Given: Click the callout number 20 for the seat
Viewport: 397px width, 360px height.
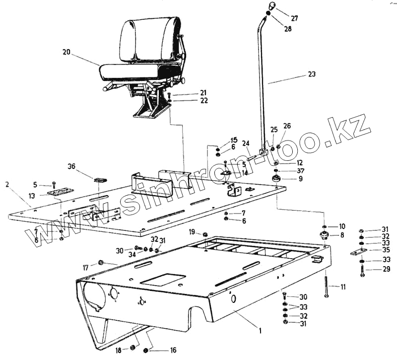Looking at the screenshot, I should pyautogui.click(x=67, y=52).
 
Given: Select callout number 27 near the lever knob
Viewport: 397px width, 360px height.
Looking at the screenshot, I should pyautogui.click(x=295, y=18).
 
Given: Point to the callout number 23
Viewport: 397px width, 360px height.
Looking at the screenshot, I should pyautogui.click(x=311, y=74).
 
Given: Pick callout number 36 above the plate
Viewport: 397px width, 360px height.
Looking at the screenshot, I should pyautogui.click(x=71, y=167).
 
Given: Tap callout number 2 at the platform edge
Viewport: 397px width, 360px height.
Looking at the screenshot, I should pyautogui.click(x=7, y=184).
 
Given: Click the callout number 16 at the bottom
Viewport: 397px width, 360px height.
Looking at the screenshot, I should pyautogui.click(x=173, y=350).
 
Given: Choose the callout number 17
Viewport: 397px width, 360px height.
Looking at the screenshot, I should pyautogui.click(x=85, y=267).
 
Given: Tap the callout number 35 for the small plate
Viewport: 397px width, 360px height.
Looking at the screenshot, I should pyautogui.click(x=386, y=250).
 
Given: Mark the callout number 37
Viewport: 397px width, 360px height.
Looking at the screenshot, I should pyautogui.click(x=300, y=171).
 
